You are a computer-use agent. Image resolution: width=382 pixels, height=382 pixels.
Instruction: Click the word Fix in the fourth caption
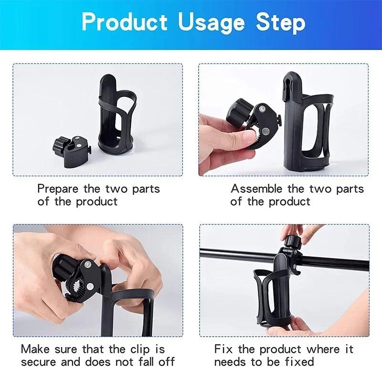(223, 350)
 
